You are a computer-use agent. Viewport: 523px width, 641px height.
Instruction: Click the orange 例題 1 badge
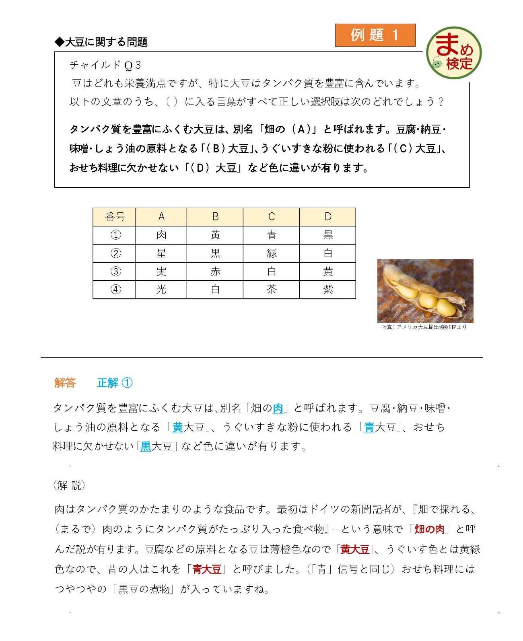pos(375,35)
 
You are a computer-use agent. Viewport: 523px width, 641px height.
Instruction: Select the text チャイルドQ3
pos(105,65)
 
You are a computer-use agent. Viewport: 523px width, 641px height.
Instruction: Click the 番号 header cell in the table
pos(115,217)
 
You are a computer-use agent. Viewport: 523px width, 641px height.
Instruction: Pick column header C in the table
pos(271,217)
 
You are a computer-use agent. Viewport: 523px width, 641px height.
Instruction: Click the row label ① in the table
pos(115,235)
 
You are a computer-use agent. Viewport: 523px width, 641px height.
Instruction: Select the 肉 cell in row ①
pos(161,235)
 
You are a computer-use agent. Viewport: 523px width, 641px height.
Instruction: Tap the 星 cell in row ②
pos(161,253)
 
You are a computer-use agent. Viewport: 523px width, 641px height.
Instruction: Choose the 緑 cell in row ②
pos(272,253)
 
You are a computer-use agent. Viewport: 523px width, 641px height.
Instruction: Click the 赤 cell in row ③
pos(215,271)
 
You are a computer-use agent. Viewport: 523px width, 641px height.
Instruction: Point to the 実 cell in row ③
pos(161,271)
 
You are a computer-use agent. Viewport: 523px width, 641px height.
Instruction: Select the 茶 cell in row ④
pos(272,290)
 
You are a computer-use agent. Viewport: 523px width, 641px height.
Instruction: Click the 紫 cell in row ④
pos(328,290)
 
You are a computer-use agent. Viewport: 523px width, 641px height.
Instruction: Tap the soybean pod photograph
pos(425,291)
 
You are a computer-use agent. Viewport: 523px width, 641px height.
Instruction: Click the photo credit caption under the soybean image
pos(424,327)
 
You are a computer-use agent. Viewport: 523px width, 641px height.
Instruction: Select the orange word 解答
pos(65,383)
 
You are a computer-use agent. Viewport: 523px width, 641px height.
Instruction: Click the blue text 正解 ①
pos(115,383)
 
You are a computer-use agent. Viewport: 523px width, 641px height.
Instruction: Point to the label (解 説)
pos(69,485)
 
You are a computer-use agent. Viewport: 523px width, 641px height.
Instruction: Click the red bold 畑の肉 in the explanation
pos(430,529)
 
